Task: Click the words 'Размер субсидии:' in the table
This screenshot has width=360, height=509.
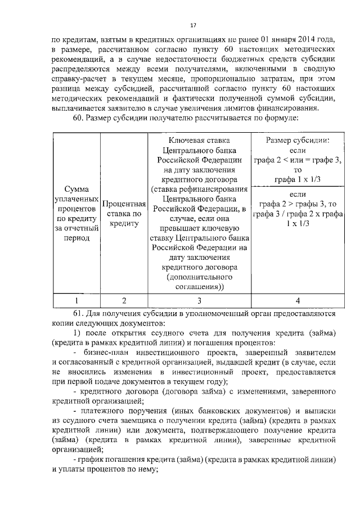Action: click(298, 141)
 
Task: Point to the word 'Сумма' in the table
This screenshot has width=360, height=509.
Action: click(75, 190)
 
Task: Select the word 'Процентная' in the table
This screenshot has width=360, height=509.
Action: click(124, 204)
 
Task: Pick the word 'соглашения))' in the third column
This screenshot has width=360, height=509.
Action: click(199, 287)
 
